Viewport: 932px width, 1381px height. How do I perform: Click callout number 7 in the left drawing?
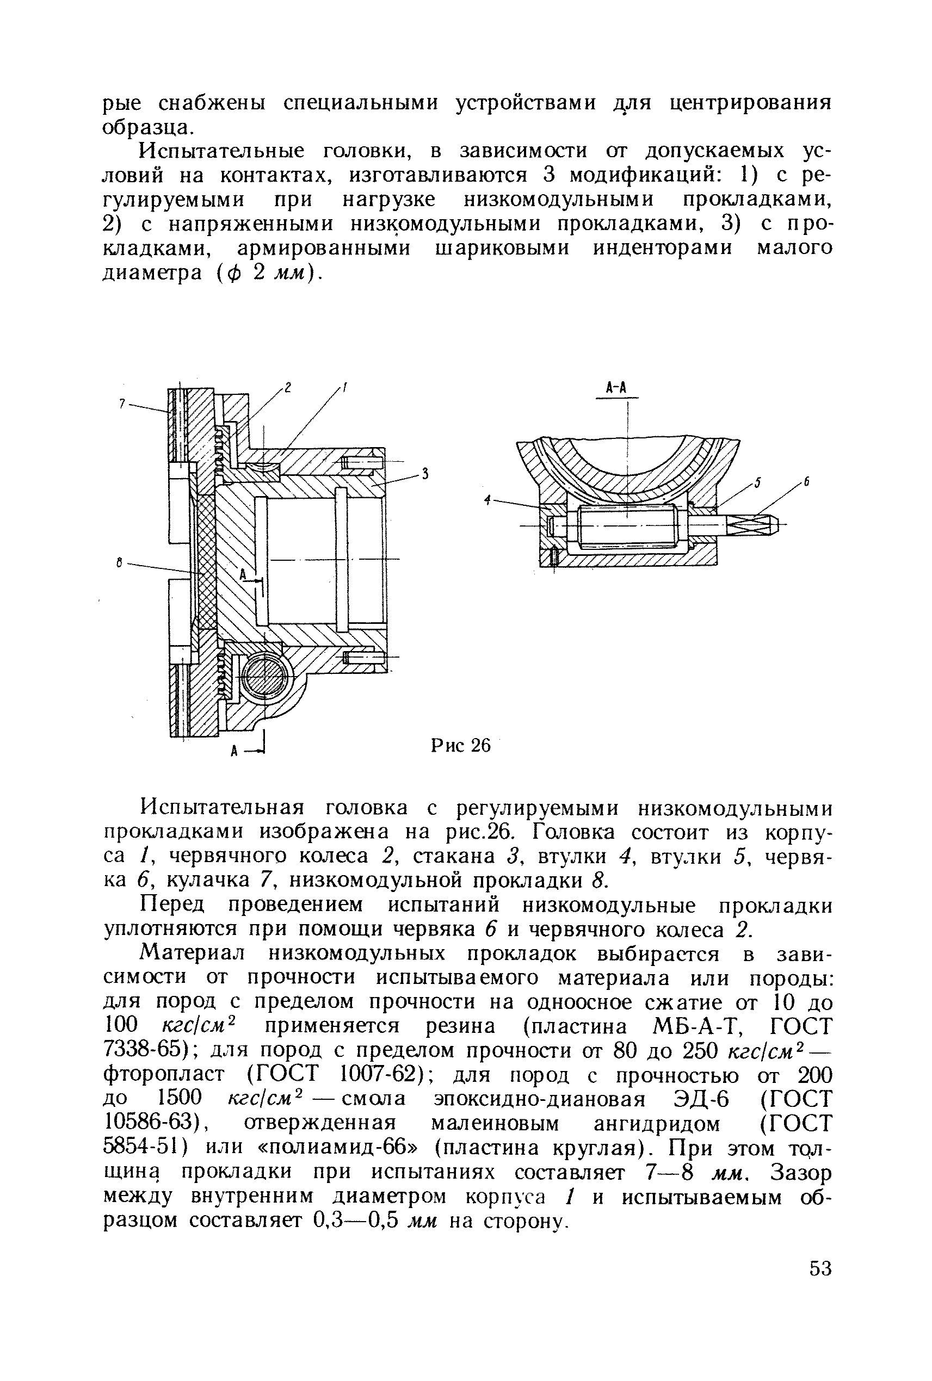tap(121, 404)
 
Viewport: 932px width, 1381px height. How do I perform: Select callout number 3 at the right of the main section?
tap(425, 474)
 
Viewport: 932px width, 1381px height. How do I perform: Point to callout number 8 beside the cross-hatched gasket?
tap(120, 561)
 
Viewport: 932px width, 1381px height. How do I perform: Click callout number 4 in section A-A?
tap(487, 501)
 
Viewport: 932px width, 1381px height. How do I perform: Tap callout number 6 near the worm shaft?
tap(807, 483)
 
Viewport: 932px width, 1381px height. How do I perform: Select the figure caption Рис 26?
tap(461, 745)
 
